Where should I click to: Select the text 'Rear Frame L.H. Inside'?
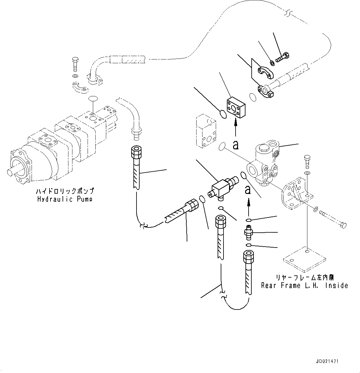click(x=305, y=285)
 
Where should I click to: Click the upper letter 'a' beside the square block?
click(x=236, y=145)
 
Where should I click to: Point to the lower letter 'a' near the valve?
click(x=248, y=190)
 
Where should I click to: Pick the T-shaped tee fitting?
click(x=221, y=188)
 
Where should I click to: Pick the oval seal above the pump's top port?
click(x=93, y=98)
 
